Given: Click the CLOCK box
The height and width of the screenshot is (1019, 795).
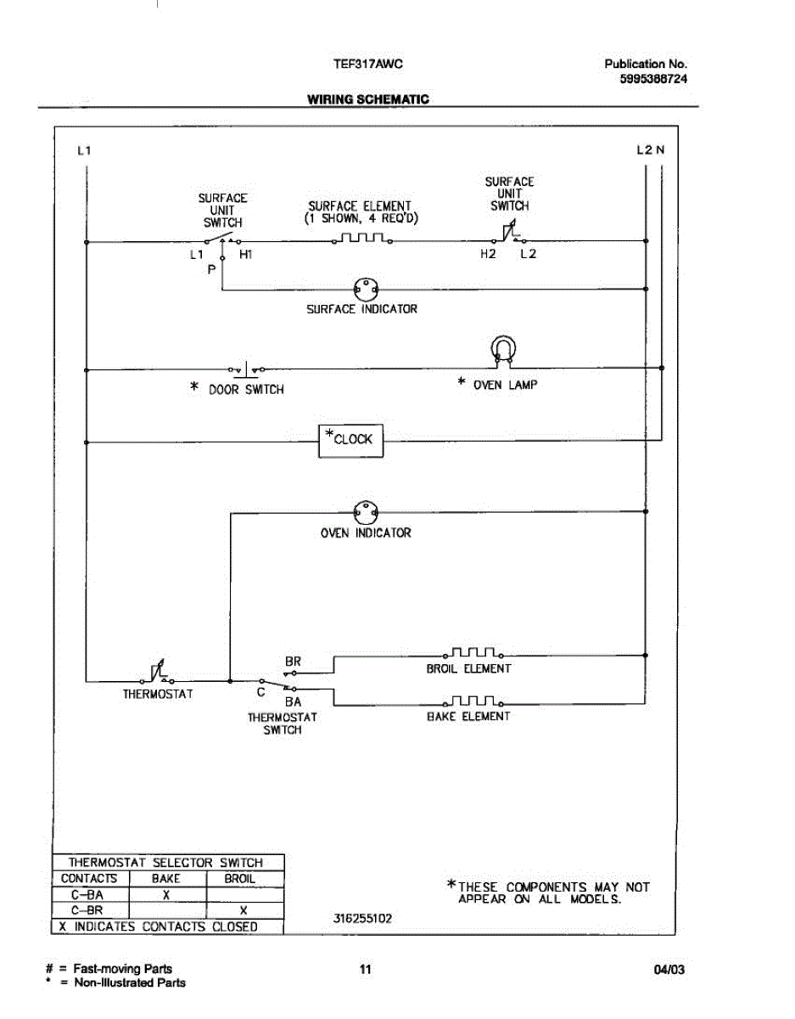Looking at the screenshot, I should click(x=350, y=440).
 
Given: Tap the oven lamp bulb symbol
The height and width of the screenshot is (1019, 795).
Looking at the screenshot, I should click(x=502, y=350).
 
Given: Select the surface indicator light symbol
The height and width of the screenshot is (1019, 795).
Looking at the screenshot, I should click(x=361, y=290).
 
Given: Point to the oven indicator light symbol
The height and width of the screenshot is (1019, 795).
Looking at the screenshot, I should click(x=366, y=513).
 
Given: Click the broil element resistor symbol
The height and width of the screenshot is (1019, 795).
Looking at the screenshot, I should click(x=472, y=654).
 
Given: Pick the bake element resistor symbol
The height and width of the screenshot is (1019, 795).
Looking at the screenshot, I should click(x=472, y=701).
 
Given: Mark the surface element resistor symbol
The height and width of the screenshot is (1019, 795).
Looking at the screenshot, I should click(x=361, y=240).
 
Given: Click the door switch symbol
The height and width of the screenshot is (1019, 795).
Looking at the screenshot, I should click(x=246, y=369).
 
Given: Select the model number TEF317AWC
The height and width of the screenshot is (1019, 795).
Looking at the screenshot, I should click(x=361, y=64).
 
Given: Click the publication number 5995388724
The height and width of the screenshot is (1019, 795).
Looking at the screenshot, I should click(x=653, y=78).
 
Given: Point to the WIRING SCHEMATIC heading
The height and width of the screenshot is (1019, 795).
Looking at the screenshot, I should click(x=367, y=99).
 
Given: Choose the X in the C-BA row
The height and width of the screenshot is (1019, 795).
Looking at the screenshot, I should click(x=167, y=895).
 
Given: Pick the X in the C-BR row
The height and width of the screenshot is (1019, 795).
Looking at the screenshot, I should click(x=244, y=910).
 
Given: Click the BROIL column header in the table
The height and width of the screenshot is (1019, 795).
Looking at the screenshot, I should click(x=240, y=879).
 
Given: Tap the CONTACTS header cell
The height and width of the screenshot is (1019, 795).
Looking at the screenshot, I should click(x=89, y=879).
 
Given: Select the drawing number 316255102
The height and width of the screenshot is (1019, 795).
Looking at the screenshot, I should click(x=363, y=918).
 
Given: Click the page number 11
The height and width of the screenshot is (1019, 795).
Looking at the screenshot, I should click(x=366, y=969).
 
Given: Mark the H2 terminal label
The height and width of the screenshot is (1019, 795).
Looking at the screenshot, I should click(x=487, y=254).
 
